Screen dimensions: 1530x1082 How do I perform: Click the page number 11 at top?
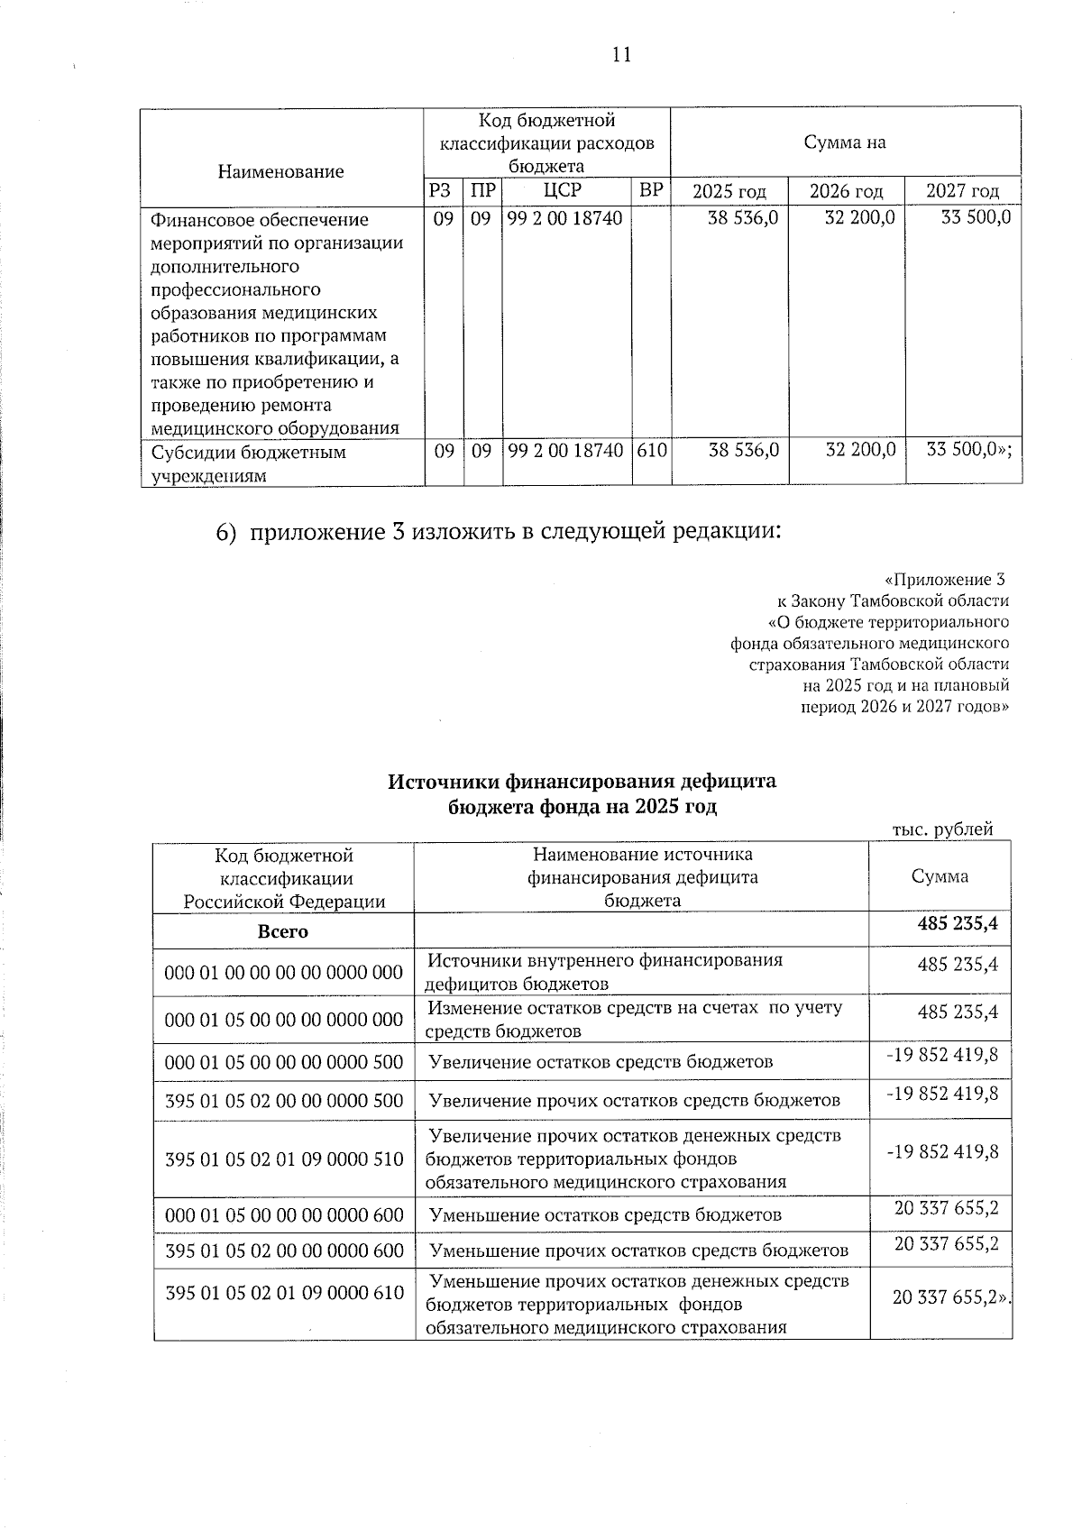[x=621, y=55]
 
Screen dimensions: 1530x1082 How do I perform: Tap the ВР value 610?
[x=651, y=450]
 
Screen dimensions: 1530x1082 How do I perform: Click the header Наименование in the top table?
[x=280, y=171]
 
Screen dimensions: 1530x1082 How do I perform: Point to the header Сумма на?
[x=845, y=142]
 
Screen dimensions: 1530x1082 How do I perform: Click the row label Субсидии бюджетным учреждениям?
[x=248, y=463]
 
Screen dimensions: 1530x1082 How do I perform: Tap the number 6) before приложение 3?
[x=226, y=533]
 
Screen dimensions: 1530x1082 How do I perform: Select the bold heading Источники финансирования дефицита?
[x=582, y=781]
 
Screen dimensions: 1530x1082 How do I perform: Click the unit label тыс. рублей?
[x=942, y=829]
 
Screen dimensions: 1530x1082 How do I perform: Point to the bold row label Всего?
[x=283, y=931]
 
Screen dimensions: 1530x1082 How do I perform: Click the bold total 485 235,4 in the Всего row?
[x=958, y=924]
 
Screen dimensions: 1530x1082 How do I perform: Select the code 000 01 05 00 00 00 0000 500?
[x=284, y=1062]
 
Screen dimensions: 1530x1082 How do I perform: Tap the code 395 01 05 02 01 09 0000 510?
[x=284, y=1159]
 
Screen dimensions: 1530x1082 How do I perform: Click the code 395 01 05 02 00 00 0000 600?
[x=284, y=1251]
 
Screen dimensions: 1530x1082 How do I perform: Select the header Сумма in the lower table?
[x=940, y=876]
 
